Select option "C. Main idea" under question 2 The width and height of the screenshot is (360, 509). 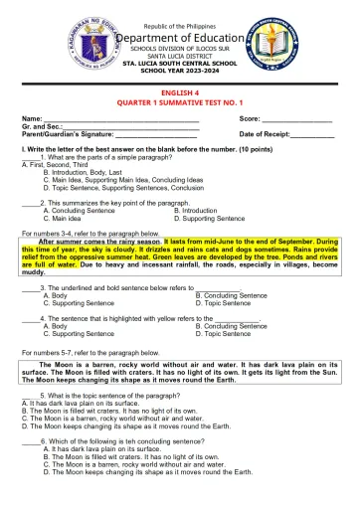click(69, 218)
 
